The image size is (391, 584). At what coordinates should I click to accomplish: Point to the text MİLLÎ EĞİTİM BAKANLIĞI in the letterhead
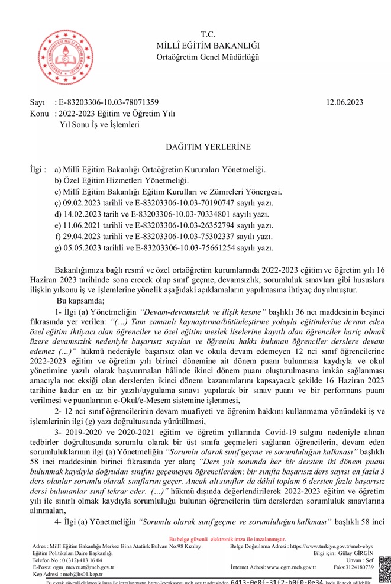coord(208,46)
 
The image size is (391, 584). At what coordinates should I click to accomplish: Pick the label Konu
coord(40,114)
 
